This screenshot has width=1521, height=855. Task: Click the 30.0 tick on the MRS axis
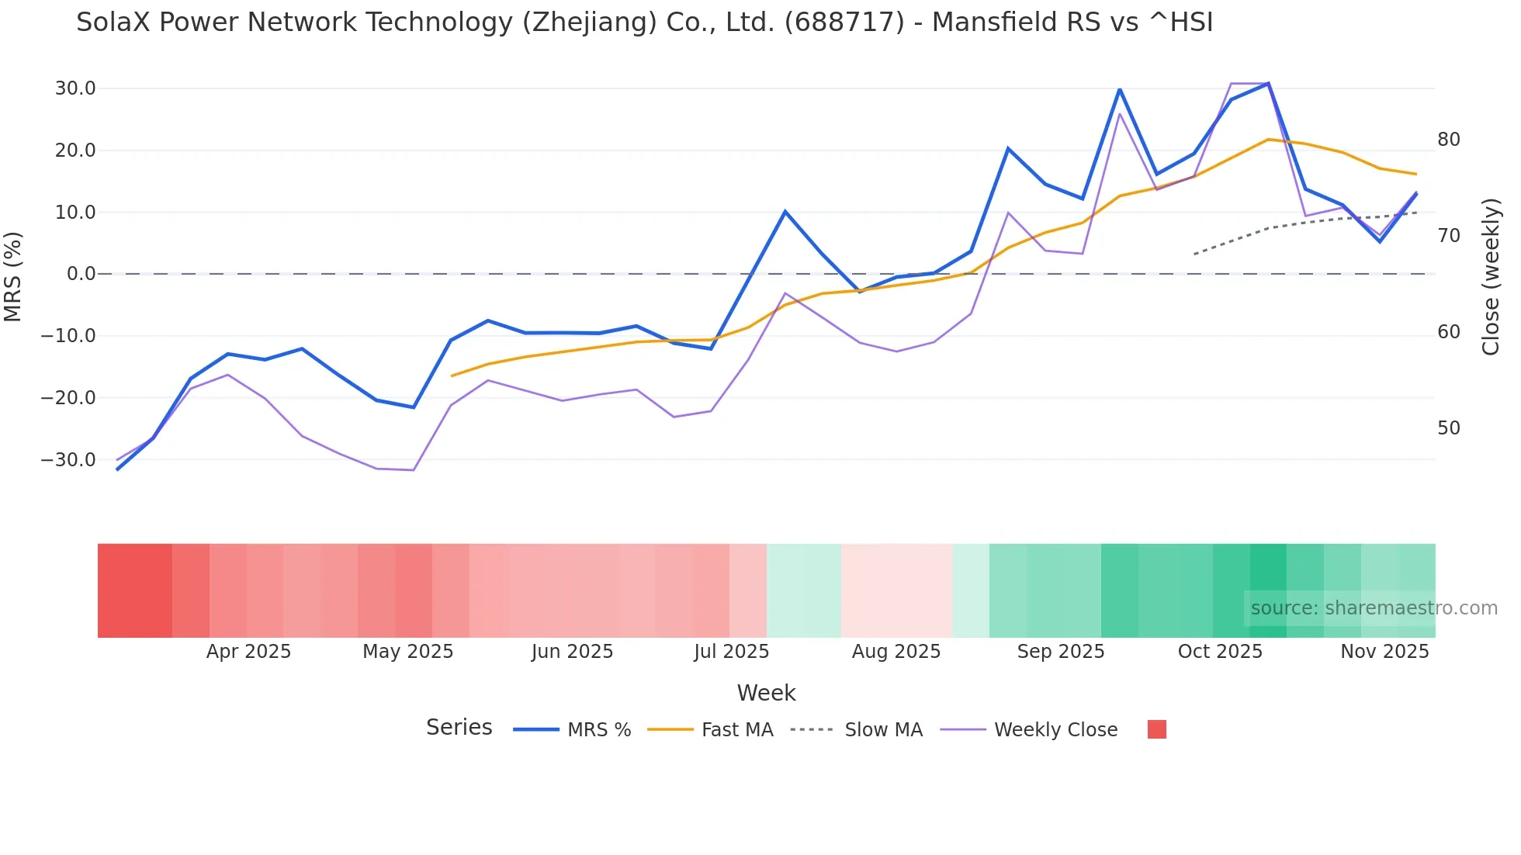pos(75,88)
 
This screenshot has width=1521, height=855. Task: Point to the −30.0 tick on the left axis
pos(68,460)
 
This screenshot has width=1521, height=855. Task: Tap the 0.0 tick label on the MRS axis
pos(81,274)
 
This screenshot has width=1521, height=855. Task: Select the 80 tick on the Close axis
pos(1449,140)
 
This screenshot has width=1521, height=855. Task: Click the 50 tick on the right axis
pos(1449,428)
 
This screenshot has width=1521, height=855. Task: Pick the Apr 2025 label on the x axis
pos(248,652)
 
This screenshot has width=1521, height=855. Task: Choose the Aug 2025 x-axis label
pos(896,652)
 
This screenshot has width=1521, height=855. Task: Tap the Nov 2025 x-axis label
pos(1384,652)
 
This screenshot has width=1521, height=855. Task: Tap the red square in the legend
pos(1156,729)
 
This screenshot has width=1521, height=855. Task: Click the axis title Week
pos(766,693)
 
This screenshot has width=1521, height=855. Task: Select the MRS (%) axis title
pos(13,276)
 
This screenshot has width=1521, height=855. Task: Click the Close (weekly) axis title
pos(1491,277)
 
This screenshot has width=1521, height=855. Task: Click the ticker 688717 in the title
pos(844,22)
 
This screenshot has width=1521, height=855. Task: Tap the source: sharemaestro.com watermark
pos(1374,608)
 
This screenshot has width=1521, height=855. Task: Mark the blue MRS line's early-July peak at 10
pos(785,211)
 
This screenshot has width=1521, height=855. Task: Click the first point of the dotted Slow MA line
pos(1194,254)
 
